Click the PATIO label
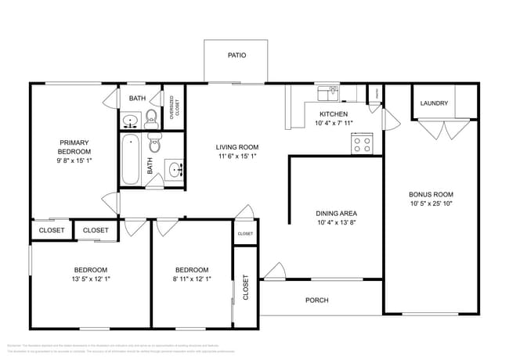pos(236,56)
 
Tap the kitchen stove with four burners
pos(362,143)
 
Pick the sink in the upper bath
pos(130,121)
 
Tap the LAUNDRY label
pos(434,103)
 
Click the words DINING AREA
pos(338,213)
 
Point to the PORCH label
pos(316,300)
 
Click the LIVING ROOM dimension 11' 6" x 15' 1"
pos(237,156)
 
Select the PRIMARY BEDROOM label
pos(75,146)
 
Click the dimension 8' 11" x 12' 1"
pos(192,279)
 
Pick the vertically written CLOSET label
pos(245,287)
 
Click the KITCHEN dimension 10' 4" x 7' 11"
pos(334,124)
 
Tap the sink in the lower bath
pos(175,168)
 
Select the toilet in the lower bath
pos(154,146)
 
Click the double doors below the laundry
pos(442,129)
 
